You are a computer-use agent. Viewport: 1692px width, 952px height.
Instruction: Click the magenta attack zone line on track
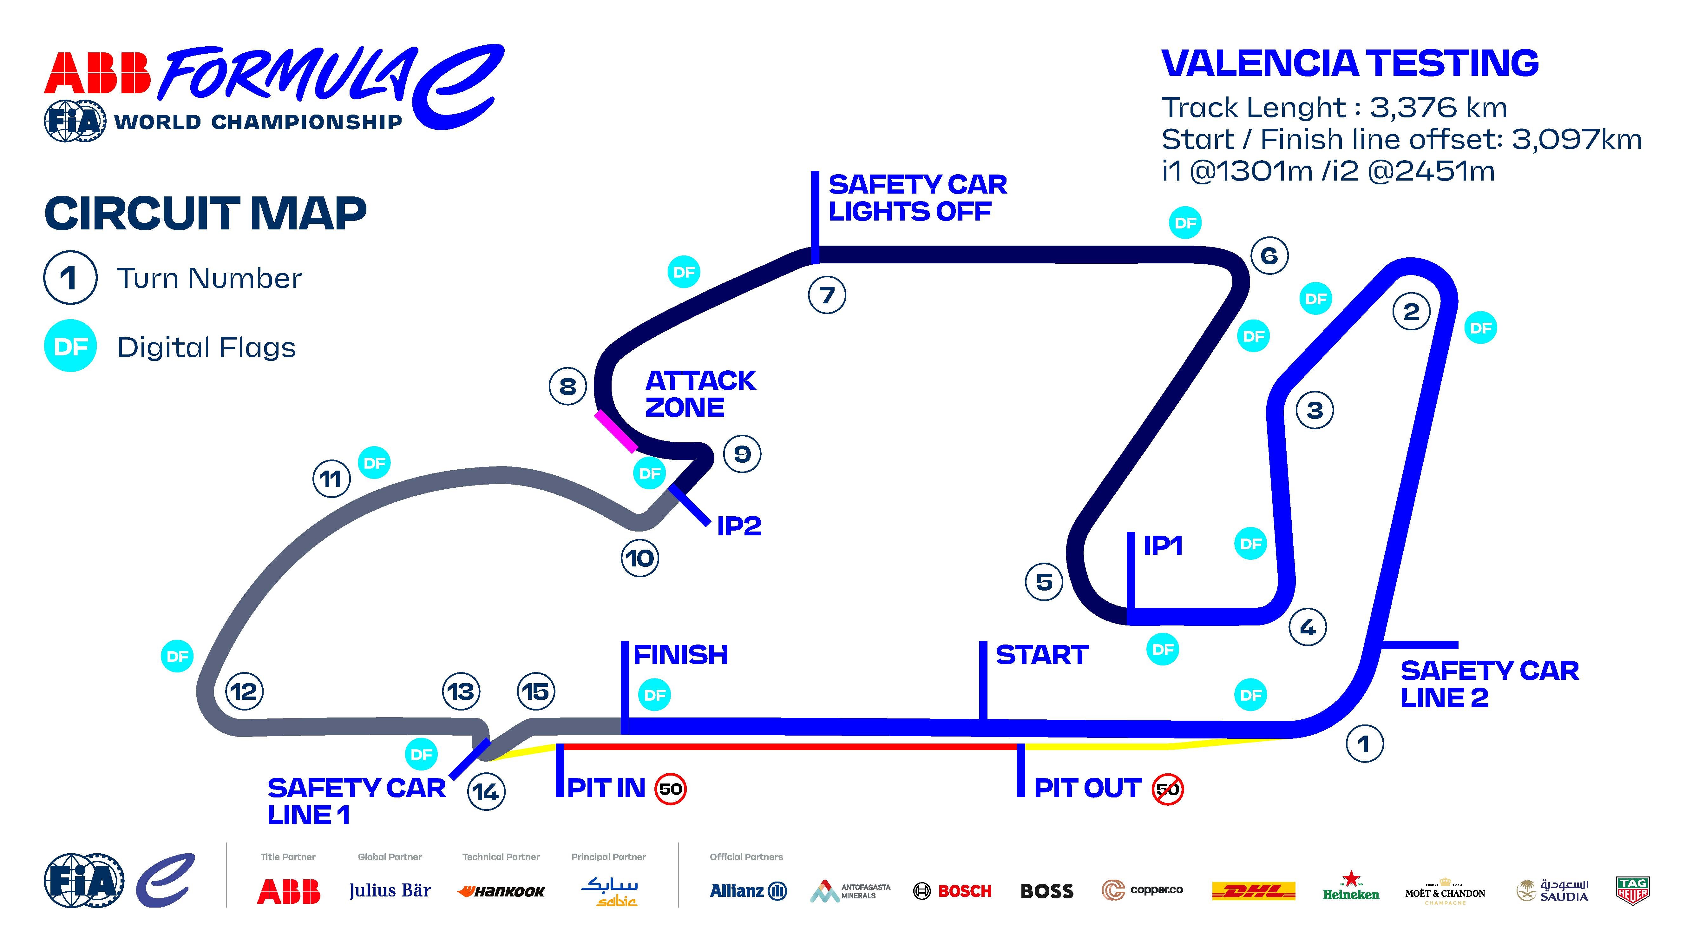click(x=615, y=432)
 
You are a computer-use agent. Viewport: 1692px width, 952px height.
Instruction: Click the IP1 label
click(x=1163, y=545)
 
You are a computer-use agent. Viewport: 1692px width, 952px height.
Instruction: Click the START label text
click(x=1042, y=655)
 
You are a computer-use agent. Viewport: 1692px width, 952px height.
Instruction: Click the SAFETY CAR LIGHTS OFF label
click(x=917, y=198)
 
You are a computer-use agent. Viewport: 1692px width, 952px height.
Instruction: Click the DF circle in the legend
click(x=70, y=346)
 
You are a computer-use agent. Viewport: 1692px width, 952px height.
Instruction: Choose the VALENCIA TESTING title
click(x=1350, y=64)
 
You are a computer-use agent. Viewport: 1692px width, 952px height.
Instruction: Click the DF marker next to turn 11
click(x=374, y=463)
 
